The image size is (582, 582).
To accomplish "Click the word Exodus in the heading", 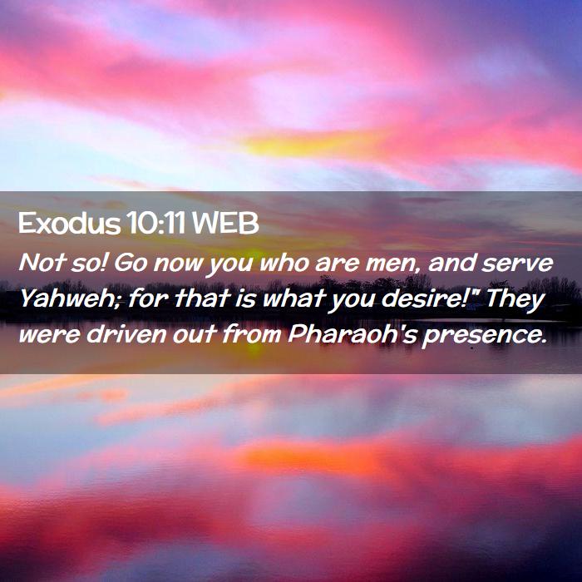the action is point(69,224).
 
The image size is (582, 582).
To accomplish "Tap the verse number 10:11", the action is point(155,224).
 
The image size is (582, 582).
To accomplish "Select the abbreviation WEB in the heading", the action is point(225,224).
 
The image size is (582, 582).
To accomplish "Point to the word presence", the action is point(484,336).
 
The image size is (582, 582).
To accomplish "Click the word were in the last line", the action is point(49,335).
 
